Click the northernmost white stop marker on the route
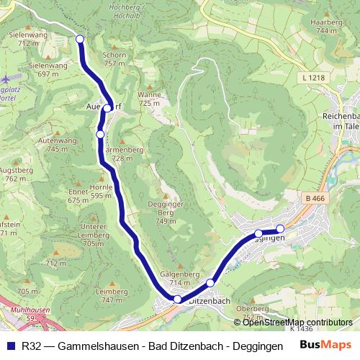(80, 40)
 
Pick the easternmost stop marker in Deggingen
(280, 229)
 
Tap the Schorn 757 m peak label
(114, 59)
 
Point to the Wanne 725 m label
(149, 99)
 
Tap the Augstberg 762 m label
(15, 174)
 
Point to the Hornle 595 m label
(101, 191)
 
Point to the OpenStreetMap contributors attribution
(292, 323)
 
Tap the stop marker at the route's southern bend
(177, 298)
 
